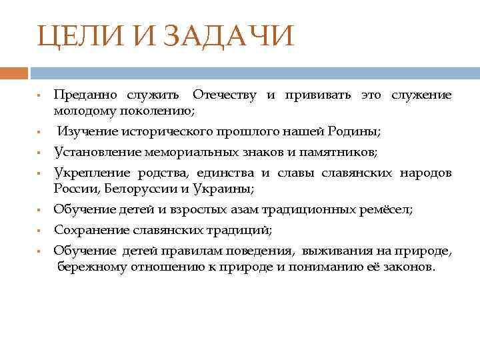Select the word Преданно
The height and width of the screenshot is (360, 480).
pyautogui.click(x=83, y=95)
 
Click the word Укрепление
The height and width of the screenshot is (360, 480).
pyautogui.click(x=91, y=173)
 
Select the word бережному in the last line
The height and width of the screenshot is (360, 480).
pyautogui.click(x=89, y=267)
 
